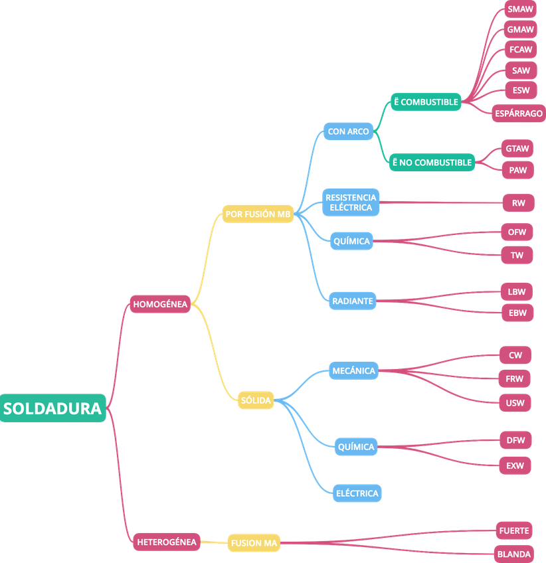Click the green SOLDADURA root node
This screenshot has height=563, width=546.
(x=53, y=408)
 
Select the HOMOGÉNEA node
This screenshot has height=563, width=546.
(x=160, y=304)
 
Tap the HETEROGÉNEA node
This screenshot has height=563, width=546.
(x=167, y=542)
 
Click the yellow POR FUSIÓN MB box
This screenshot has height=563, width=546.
(x=258, y=214)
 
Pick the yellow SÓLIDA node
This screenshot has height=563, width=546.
(x=256, y=400)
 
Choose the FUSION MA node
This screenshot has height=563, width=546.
(x=253, y=543)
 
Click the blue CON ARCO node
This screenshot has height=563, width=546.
(x=348, y=131)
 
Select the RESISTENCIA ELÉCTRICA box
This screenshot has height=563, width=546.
(x=351, y=202)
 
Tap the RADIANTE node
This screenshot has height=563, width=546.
(x=352, y=301)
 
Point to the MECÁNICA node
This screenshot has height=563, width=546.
(x=353, y=370)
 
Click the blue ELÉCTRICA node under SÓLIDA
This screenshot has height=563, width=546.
(x=357, y=493)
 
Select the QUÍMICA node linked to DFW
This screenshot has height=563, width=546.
(x=356, y=447)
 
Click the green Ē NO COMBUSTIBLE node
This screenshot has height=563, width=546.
(x=432, y=162)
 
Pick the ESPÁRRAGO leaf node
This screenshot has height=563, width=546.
(x=519, y=114)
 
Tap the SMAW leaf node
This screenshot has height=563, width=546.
(x=520, y=9)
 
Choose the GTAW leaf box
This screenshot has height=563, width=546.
(x=517, y=148)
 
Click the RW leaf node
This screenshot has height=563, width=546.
(x=518, y=203)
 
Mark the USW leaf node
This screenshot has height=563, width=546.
(x=515, y=402)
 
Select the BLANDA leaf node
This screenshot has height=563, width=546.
(x=514, y=554)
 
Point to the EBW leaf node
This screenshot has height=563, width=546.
(x=516, y=312)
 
